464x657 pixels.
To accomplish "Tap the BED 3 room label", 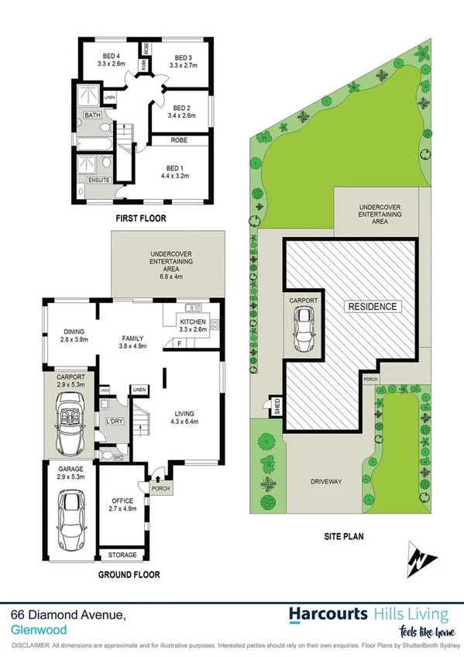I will [x=183, y=58].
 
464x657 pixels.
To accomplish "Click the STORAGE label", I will [x=122, y=556].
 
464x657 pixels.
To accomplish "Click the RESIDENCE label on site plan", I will [x=373, y=307].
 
